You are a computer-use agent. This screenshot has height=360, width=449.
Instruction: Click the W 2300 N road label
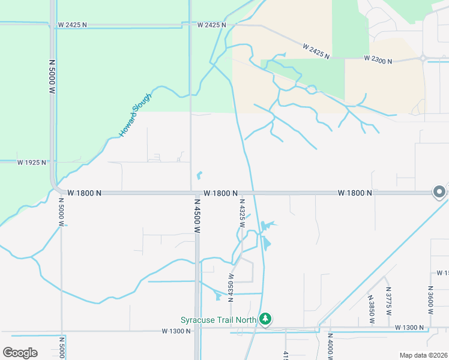378,60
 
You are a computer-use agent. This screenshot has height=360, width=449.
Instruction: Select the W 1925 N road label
32,163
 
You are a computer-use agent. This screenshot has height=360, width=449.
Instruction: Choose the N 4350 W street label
231,285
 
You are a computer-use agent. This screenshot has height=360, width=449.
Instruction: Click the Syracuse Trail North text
218,320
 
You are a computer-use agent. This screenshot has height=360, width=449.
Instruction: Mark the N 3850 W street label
371,309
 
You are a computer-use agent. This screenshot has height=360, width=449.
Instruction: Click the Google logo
20,353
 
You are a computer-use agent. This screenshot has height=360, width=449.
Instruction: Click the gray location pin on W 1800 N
439,192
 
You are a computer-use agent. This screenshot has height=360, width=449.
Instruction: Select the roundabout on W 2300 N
424,59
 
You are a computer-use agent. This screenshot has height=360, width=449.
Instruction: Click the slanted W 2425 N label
316,51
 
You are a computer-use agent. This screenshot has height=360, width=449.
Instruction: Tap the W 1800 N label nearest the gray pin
355,193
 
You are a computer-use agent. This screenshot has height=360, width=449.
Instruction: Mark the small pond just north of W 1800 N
199,176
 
